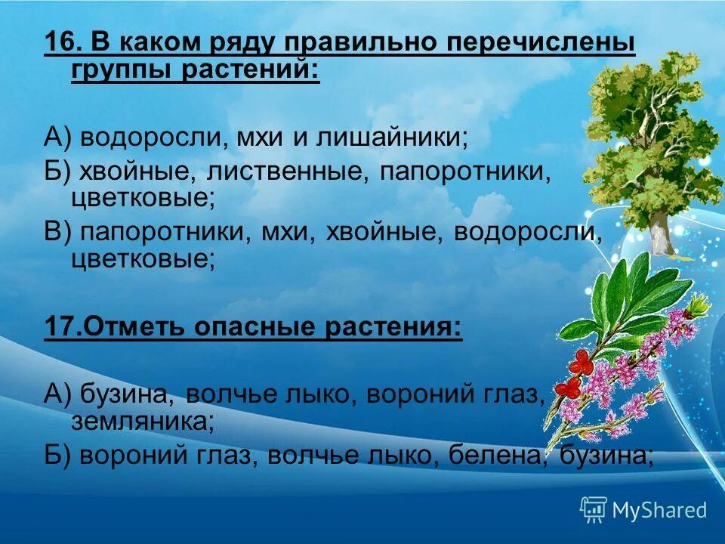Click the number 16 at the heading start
click(x=60, y=42)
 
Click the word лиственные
click(x=285, y=171)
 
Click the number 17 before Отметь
click(x=60, y=328)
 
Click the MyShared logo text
click(x=659, y=510)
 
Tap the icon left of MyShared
click(x=594, y=510)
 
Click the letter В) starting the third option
click(x=57, y=231)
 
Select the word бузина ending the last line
click(x=612, y=455)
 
